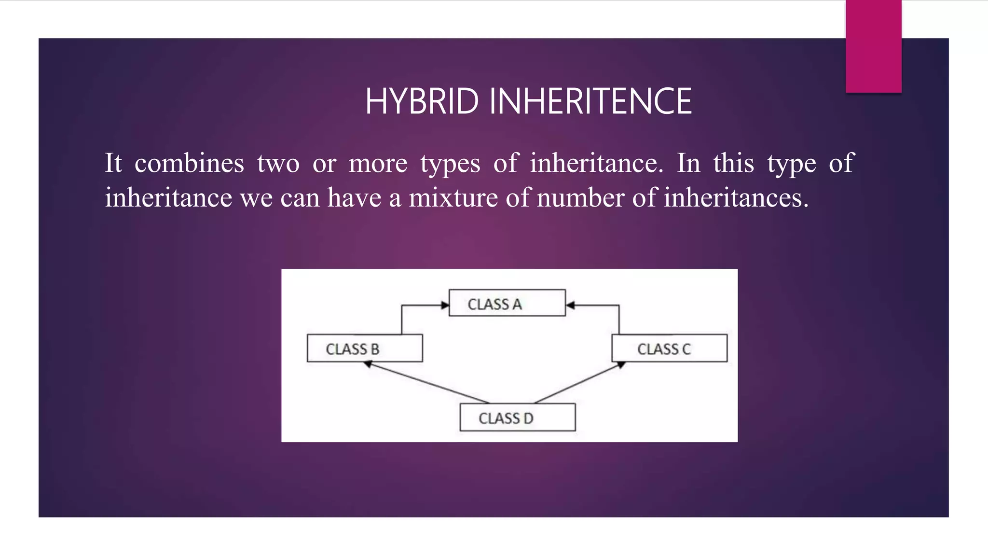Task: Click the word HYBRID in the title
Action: pos(422,101)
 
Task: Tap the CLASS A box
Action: pos(507,303)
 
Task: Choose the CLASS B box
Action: pos(364,348)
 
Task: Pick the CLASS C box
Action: pos(669,348)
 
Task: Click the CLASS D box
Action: pos(517,417)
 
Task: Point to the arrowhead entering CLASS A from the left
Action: pos(445,305)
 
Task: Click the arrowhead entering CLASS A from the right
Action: pos(571,305)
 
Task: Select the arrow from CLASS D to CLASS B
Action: pos(427,383)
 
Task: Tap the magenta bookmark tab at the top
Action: pos(873,46)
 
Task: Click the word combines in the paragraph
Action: pos(189,163)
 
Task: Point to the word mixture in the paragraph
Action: pos(453,198)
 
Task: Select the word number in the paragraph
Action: pos(580,198)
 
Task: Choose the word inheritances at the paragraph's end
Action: pos(735,198)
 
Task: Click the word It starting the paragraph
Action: pos(113,163)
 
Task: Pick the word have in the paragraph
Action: pos(355,198)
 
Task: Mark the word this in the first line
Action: pos(733,163)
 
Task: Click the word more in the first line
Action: pos(378,163)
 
